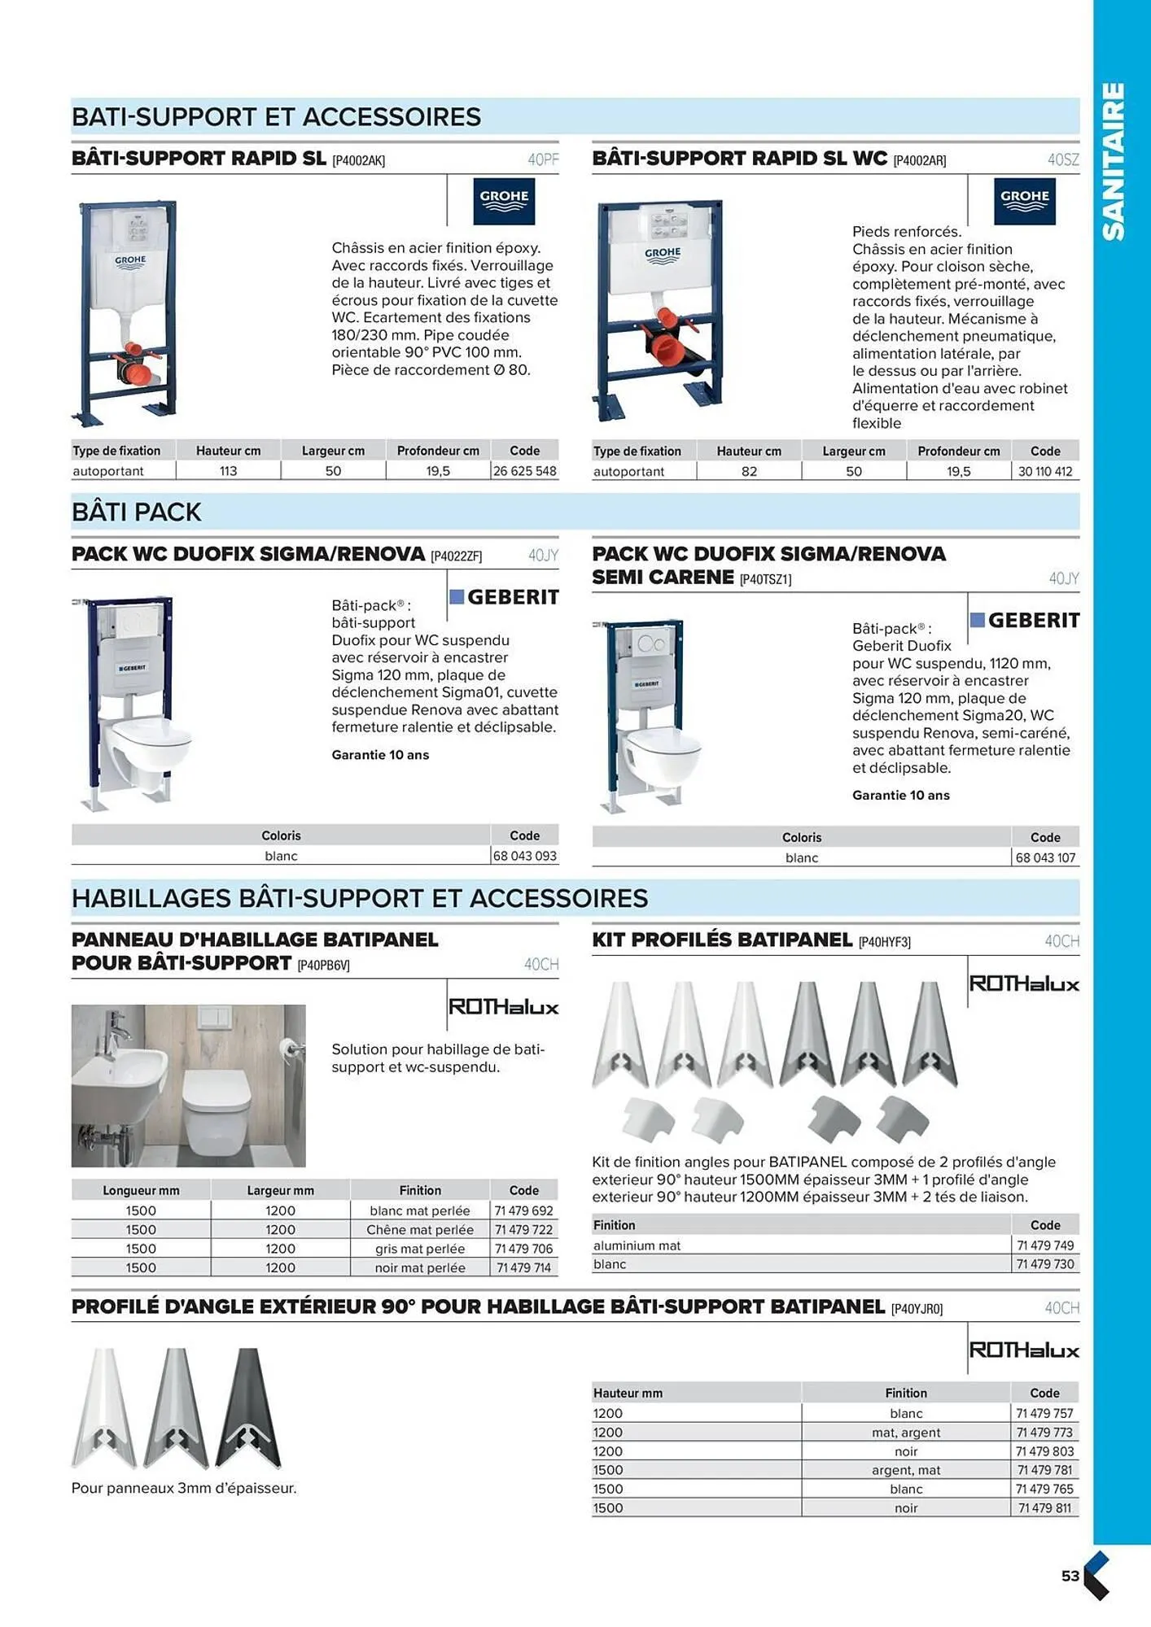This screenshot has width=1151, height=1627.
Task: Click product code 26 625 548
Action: point(525,471)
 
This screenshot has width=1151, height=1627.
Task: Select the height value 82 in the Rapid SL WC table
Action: point(749,472)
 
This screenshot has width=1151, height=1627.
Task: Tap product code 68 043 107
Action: point(1045,857)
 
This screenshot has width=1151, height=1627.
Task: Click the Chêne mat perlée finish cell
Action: point(420,1230)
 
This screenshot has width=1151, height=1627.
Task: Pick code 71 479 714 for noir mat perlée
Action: point(523,1267)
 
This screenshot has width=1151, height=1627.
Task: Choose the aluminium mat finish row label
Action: point(637,1245)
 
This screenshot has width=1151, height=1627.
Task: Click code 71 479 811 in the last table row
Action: point(1044,1507)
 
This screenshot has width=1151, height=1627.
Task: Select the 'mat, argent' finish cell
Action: point(906,1433)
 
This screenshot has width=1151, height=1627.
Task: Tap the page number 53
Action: point(1070,1576)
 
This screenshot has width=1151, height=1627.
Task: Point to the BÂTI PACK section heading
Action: point(136,512)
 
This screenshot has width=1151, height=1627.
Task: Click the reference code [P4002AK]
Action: point(358,160)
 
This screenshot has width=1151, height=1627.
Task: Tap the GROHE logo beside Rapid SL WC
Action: point(1024,201)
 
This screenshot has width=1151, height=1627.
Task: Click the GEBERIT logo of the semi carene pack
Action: point(1025,620)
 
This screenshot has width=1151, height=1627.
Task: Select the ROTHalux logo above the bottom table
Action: point(1024,1350)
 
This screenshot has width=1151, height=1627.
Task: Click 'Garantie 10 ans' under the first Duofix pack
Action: point(380,755)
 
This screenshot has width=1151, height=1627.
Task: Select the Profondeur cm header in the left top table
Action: point(438,451)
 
